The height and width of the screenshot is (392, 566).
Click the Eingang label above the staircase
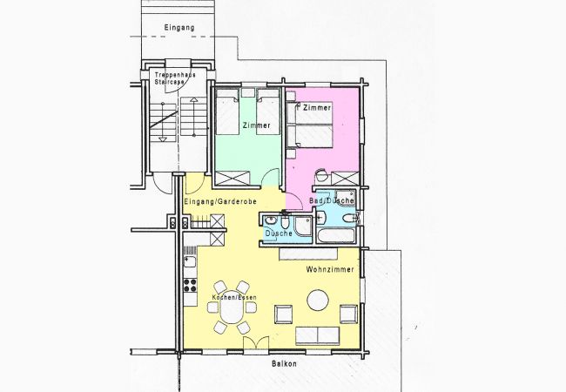179,27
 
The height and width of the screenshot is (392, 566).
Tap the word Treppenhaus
175,75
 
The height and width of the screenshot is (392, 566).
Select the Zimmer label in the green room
256,125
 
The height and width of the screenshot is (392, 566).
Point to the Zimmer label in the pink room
317,107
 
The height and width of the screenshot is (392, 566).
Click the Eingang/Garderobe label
220,201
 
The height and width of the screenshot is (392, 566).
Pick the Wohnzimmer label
330,269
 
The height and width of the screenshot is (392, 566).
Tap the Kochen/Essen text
234,297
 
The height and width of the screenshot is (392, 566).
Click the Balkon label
284,364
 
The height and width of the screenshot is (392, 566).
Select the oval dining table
232,308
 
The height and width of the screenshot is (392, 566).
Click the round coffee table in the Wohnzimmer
318,301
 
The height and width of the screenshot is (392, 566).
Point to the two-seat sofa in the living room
318,336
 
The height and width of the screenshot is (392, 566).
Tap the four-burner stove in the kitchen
190,285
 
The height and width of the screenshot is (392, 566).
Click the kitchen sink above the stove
190,261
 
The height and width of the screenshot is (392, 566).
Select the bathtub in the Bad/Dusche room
336,236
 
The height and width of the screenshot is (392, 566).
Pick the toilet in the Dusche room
285,223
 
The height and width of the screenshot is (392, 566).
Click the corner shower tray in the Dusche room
303,226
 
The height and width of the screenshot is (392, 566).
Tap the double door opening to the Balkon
256,343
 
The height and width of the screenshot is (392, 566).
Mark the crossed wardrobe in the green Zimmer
232,179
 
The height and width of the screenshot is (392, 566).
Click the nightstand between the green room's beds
247,92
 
